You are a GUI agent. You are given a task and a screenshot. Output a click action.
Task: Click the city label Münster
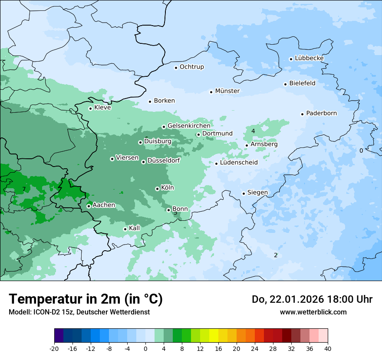pyautogui.click(x=227, y=91)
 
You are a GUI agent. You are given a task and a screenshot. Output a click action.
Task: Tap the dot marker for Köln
pyautogui.click(x=157, y=189)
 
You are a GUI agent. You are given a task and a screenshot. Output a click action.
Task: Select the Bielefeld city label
pyautogui.click(x=302, y=83)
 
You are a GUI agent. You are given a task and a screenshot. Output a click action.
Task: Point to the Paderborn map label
pyautogui.click(x=321, y=113)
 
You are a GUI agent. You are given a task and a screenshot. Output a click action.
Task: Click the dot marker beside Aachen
pyautogui.click(x=89, y=206)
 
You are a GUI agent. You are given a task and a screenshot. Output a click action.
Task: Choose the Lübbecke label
pyautogui.click(x=309, y=58)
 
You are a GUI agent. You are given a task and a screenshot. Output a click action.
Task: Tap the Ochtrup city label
pyautogui.click(x=191, y=67)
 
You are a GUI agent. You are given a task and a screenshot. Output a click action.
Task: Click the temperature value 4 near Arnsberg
pyautogui.click(x=253, y=131)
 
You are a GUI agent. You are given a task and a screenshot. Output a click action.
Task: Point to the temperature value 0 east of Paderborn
pyautogui.click(x=361, y=151)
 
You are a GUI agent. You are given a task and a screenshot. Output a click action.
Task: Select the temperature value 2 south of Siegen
pyautogui.click(x=276, y=255)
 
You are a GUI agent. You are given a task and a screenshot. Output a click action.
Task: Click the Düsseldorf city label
pyautogui.click(x=163, y=160)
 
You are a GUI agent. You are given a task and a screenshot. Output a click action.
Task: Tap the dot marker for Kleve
pyautogui.click(x=90, y=108)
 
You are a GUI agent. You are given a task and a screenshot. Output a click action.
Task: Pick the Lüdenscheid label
pyautogui.click(x=239, y=163)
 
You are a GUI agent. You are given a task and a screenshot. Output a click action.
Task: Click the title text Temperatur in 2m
pyautogui.click(x=86, y=299)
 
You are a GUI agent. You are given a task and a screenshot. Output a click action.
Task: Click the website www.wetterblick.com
pyautogui.click(x=313, y=312)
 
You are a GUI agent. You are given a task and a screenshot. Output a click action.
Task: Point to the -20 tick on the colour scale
pyautogui.click(x=54, y=348)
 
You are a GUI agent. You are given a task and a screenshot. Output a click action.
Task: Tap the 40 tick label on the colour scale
pyautogui.click(x=328, y=348)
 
